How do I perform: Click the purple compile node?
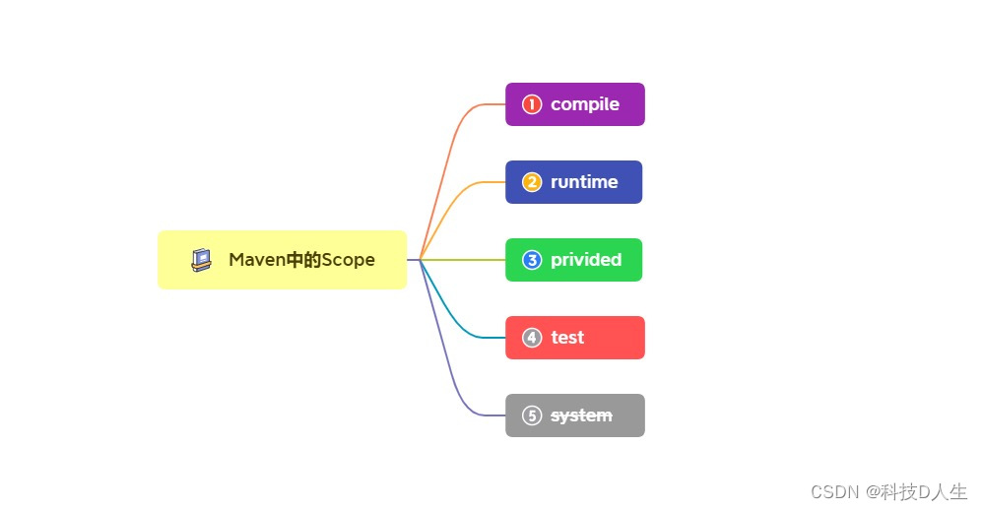coord(574,104)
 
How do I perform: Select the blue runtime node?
coord(573,182)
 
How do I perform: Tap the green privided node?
coord(573,260)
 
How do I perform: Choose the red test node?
coord(574,338)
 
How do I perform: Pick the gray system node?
coord(574,415)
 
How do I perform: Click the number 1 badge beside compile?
coord(532,104)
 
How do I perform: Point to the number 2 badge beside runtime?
coord(532,182)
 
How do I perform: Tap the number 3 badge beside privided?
coord(532,260)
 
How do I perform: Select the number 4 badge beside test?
coord(532,338)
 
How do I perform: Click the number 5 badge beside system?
coord(532,415)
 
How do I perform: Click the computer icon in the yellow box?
coord(202,260)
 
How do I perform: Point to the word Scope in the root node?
coord(349,260)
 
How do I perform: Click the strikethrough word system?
coord(581,415)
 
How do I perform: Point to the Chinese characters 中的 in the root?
coord(302,260)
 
